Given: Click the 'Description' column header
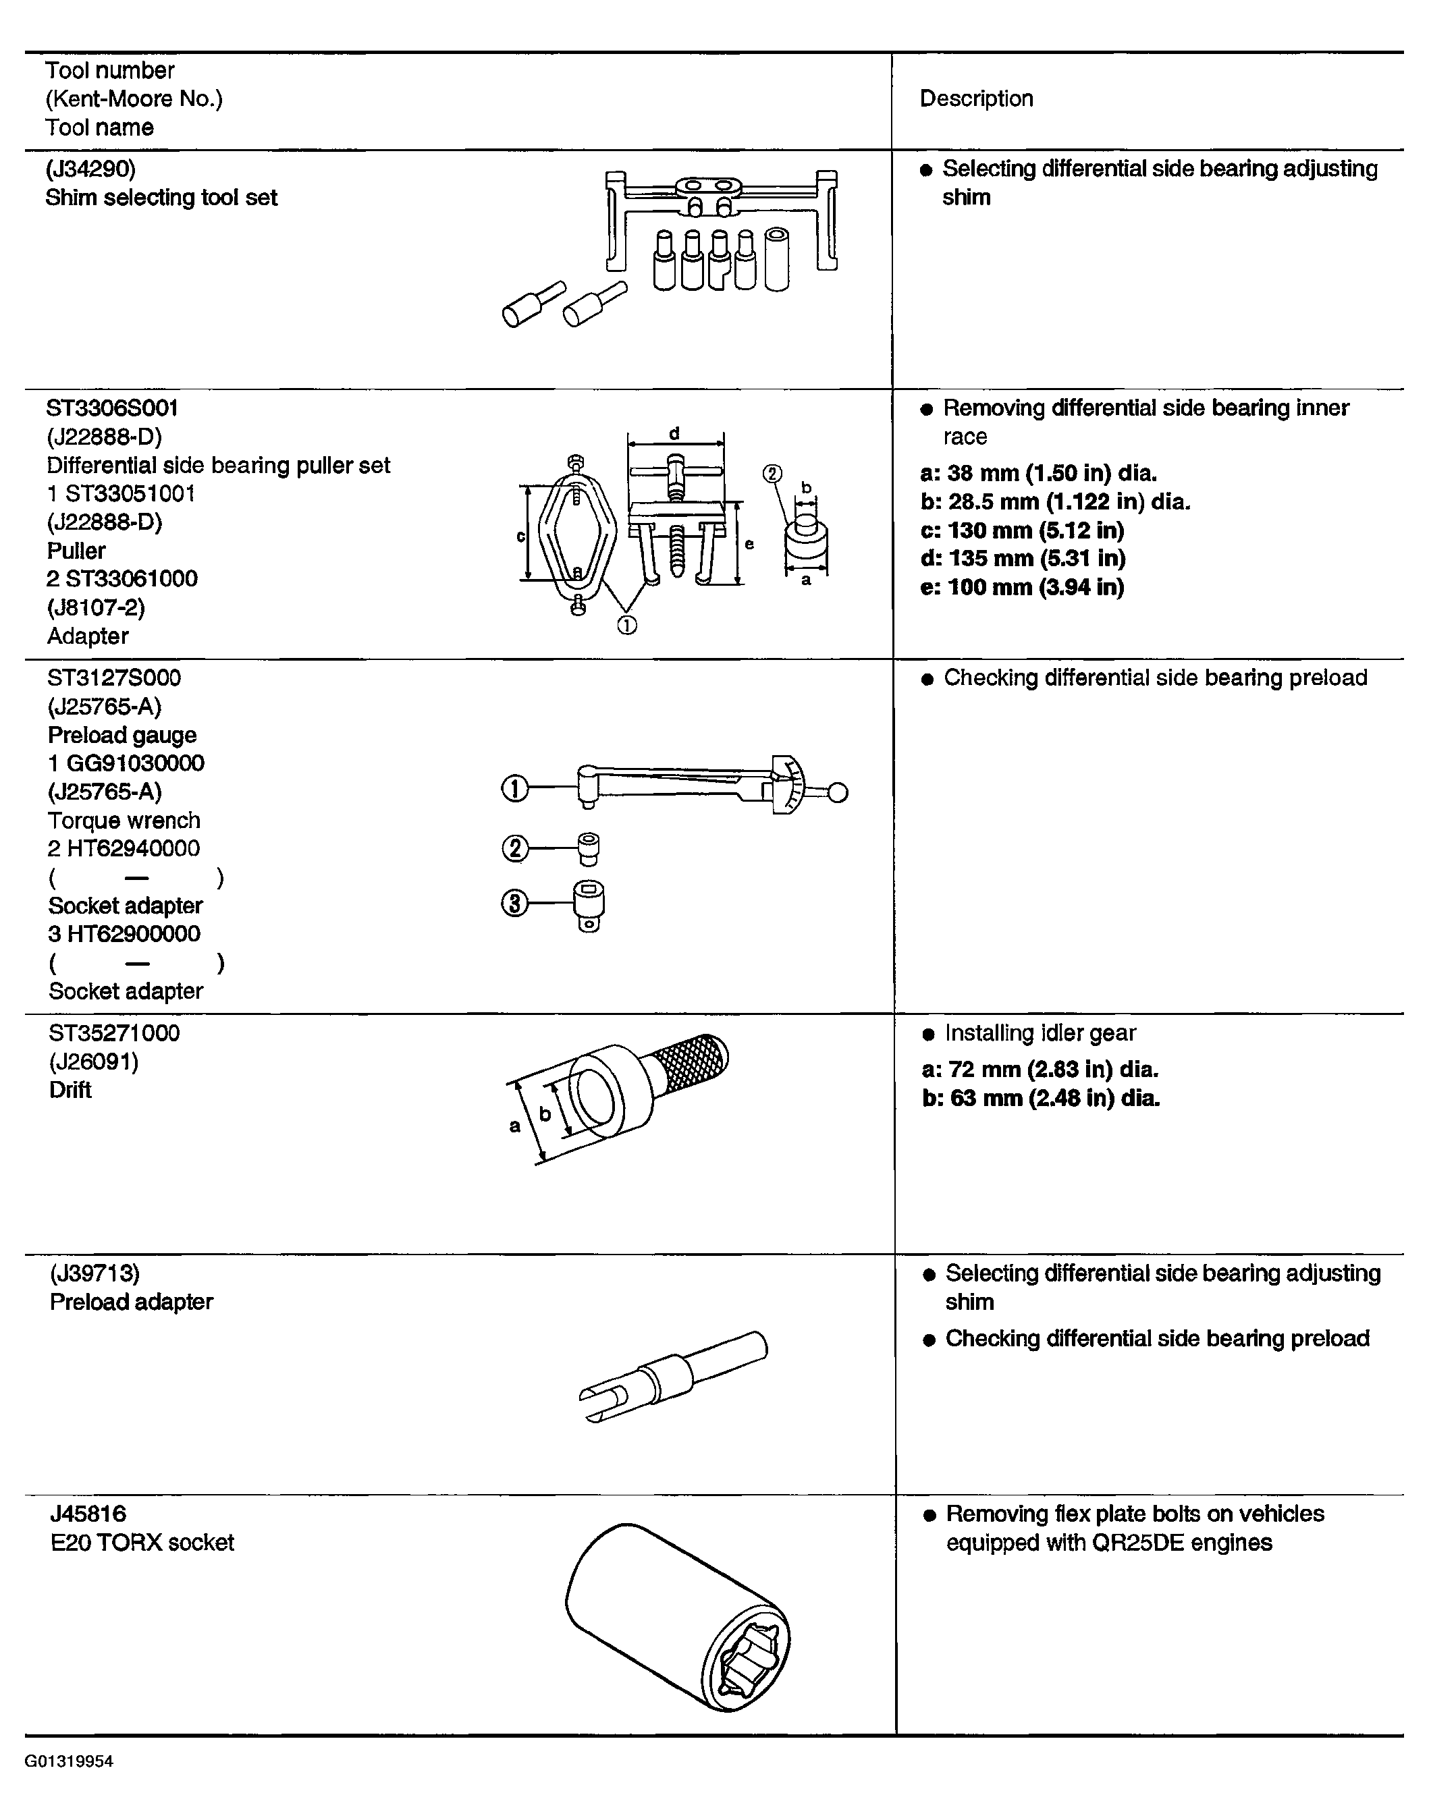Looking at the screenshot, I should pyautogui.click(x=975, y=99).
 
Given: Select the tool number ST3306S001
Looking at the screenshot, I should pyautogui.click(x=112, y=408).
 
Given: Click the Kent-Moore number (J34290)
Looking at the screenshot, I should pyautogui.click(x=90, y=169).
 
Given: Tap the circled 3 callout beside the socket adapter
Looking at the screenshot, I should pyautogui.click(x=514, y=903).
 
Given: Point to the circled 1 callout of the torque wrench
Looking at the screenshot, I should pyautogui.click(x=514, y=789).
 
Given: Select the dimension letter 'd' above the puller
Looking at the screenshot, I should pyautogui.click(x=674, y=433).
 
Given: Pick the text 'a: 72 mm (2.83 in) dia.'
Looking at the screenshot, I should pyautogui.click(x=1040, y=1070).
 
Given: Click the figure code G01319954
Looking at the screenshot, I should pyautogui.click(x=69, y=1761).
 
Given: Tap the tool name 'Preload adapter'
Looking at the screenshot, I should pyautogui.click(x=132, y=1302).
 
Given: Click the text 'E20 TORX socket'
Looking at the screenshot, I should pyautogui.click(x=142, y=1542).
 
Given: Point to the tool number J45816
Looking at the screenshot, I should pyautogui.click(x=88, y=1514).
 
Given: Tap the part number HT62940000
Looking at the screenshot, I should pyautogui.click(x=133, y=848).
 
